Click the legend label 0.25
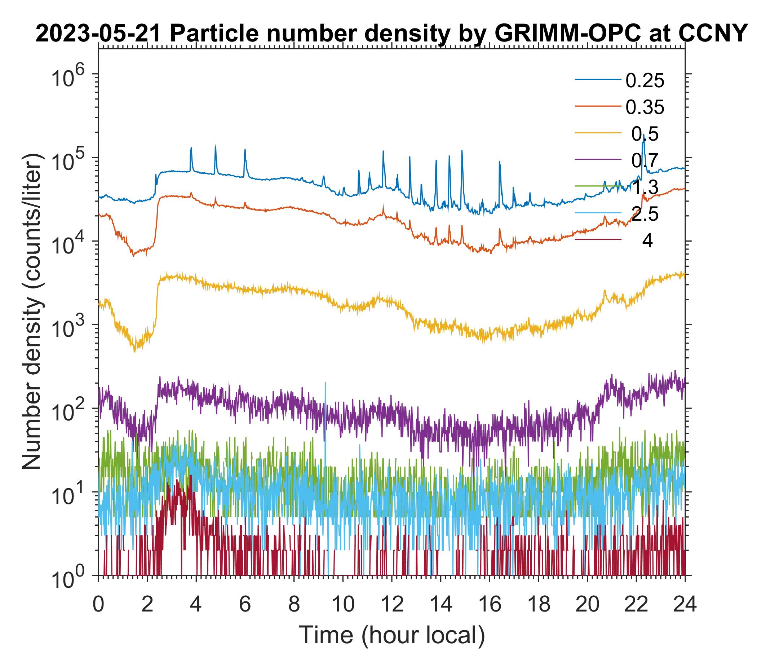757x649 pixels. point(645,81)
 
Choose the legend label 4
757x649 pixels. point(647,241)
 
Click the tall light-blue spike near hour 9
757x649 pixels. point(325,384)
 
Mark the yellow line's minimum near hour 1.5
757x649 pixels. point(135,351)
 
